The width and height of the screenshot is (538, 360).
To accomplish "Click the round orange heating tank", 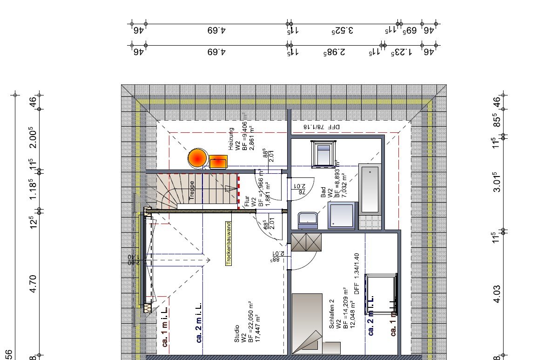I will (197, 158).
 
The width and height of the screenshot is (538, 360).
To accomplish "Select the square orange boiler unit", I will (218, 162).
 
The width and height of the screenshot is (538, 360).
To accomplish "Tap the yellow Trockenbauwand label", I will (229, 243).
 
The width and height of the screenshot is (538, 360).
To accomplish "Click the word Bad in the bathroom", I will (323, 193).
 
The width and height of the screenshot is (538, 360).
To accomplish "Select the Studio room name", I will (237, 334).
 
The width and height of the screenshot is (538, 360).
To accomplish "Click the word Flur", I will (247, 202).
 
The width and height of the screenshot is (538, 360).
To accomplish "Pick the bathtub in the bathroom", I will (370, 188).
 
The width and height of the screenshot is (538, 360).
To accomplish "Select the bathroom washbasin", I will (308, 220).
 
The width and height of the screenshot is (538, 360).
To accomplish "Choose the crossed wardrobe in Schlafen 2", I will (306, 242).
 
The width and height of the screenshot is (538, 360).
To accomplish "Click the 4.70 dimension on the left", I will (33, 284).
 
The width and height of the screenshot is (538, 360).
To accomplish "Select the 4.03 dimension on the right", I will (497, 294).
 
